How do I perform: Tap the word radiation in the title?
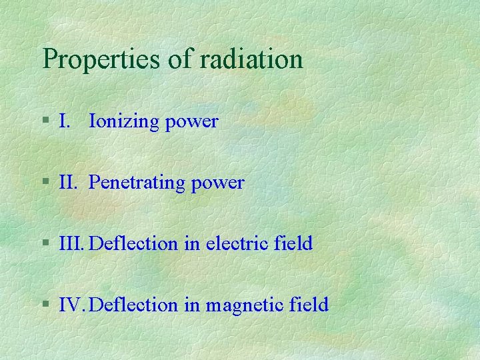coord(251,59)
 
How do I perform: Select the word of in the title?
coord(180,59)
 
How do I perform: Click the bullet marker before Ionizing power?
coord(45,121)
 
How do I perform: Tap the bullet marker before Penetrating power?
coord(45,182)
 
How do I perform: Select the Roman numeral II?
coord(68,182)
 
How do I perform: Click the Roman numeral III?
coord(72,243)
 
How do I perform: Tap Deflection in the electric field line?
coord(134,243)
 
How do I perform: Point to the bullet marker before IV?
coord(45,305)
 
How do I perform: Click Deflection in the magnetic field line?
coord(134,305)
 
